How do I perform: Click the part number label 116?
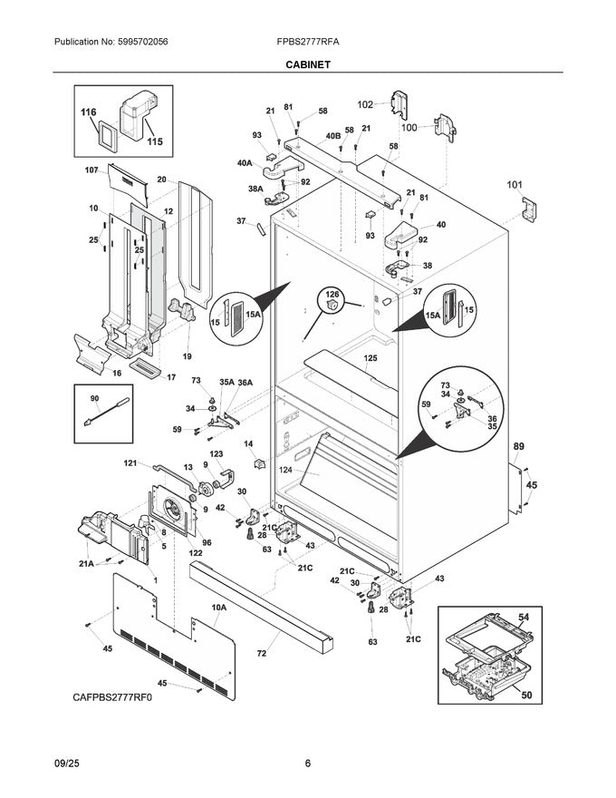(88, 112)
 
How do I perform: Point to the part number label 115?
(155, 142)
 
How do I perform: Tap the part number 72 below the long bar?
(261, 653)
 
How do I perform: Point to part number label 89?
(519, 447)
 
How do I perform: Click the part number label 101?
(515, 186)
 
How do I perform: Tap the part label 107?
(91, 170)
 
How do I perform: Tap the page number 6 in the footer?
(307, 763)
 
